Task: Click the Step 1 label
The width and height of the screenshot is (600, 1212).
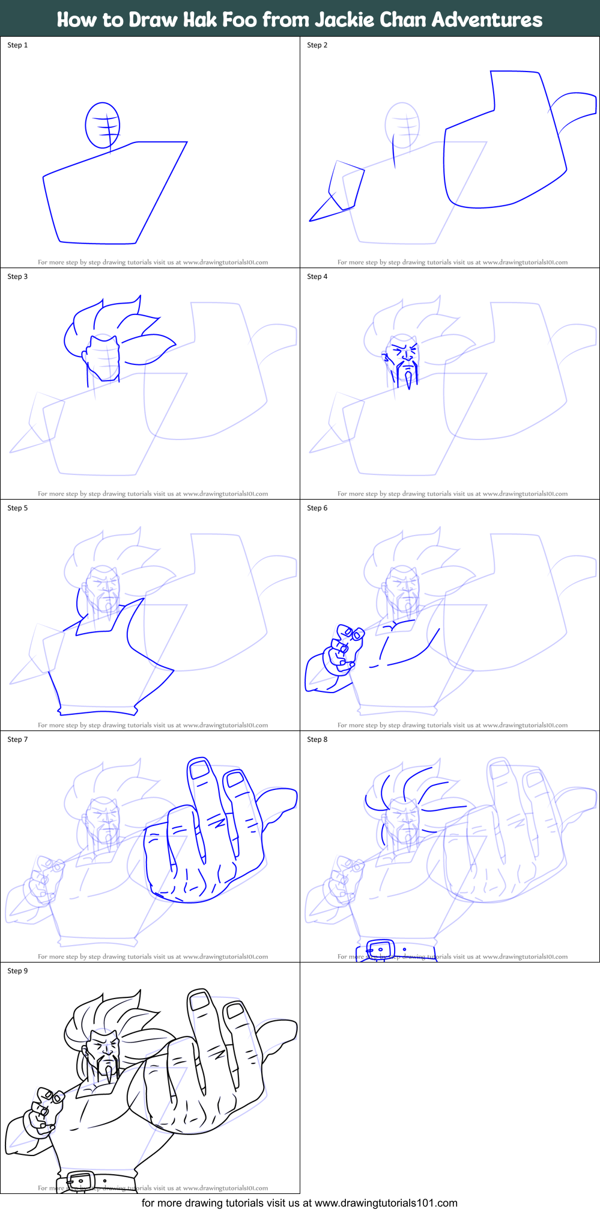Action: (17, 45)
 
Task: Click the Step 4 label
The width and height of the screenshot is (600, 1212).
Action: (317, 277)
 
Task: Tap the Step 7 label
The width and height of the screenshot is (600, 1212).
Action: (17, 739)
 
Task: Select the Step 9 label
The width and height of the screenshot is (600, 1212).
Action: (17, 971)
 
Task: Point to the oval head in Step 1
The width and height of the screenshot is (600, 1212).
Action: (102, 125)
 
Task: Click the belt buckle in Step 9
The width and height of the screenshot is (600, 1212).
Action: (80, 1182)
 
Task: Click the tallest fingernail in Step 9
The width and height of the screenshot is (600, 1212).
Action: (198, 1001)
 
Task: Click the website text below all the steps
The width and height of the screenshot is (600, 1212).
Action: (299, 1203)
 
